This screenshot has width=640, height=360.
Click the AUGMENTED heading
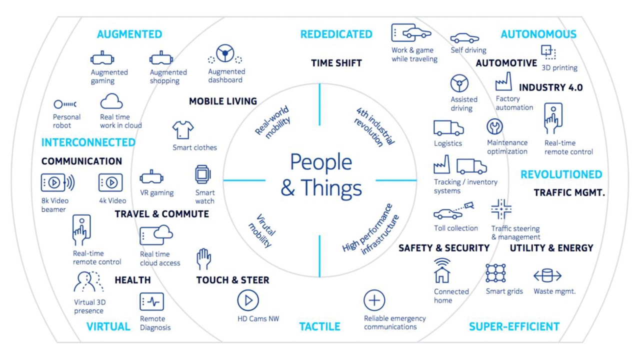129,34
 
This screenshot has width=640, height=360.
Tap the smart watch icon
203,174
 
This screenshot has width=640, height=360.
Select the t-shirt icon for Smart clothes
183,129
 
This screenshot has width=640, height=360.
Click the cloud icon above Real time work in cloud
111,101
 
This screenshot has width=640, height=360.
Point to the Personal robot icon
65,104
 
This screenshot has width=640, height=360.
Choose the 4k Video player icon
110,182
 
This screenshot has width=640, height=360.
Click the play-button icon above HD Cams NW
248,300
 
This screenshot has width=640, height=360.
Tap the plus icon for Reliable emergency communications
374,300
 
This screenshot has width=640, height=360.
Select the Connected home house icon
442,270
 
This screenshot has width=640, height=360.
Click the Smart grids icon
495,273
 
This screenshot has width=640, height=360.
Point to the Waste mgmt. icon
547,275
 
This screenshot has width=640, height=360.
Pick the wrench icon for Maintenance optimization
494,126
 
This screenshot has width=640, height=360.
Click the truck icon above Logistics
448,127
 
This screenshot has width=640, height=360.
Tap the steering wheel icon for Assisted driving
459,83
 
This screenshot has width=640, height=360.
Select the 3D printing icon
548,52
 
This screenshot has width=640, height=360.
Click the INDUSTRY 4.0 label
551,87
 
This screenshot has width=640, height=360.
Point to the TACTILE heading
319,326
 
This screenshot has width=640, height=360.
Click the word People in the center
321,162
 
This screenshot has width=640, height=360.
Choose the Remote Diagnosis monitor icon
151,301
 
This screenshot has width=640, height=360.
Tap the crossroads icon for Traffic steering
501,209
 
